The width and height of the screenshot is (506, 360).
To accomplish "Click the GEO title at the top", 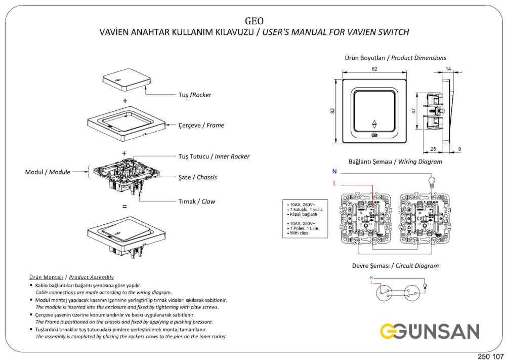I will coord(254,21).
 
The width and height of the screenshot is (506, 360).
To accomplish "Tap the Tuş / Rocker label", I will coord(195,95).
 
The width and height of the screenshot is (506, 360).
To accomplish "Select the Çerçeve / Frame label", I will coord(201,125).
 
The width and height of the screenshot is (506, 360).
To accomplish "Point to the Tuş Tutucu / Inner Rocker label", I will coord(214,156).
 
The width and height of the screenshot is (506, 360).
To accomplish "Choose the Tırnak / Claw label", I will coord(196,202).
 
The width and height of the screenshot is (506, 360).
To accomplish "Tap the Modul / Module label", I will coord(48,172).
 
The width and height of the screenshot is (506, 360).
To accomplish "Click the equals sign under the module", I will coord(124,207).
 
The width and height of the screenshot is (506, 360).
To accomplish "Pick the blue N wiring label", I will coord(334,172).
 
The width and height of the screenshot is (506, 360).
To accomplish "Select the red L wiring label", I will coord(334,183).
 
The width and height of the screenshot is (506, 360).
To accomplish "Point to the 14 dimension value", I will coord(448,68).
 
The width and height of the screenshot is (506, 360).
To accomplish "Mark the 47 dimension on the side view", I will coord(413,110).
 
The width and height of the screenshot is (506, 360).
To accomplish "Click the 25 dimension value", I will coord(433,149).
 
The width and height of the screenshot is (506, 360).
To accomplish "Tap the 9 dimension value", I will coord(459,149).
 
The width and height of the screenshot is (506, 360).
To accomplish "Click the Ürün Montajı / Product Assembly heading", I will coord(71,277).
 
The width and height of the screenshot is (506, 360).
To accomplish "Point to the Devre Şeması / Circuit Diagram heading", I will coord(395,265).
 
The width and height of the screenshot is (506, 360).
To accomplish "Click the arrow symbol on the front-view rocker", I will coord(374,124).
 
